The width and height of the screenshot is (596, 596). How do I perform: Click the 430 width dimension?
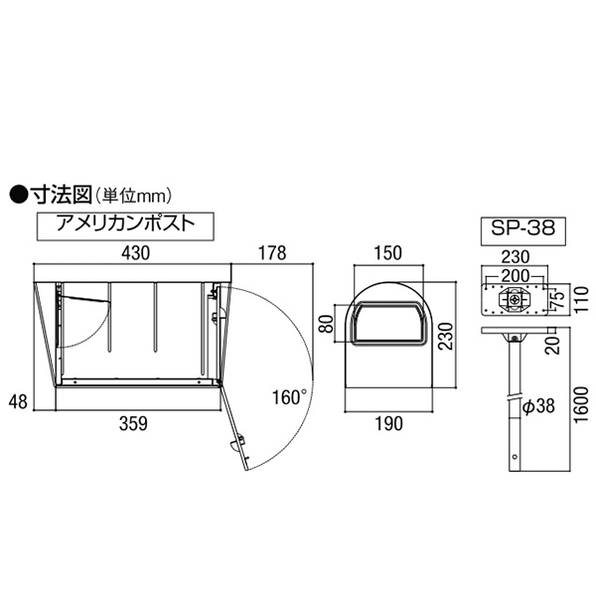tap(136, 253)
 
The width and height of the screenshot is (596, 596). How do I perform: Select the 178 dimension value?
tap(272, 253)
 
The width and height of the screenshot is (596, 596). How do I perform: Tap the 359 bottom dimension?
tap(133, 423)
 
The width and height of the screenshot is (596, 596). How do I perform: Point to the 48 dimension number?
tap(18, 402)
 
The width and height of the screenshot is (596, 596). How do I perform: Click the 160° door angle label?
tap(289, 397)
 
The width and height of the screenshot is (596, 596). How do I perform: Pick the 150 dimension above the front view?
tap(387, 253)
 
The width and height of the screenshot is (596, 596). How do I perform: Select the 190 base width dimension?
tap(388, 423)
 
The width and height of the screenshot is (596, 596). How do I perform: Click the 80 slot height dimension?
tap(326, 324)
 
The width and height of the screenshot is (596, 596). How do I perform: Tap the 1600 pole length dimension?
tap(581, 405)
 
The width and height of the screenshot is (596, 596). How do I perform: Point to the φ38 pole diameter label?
tap(538, 406)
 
